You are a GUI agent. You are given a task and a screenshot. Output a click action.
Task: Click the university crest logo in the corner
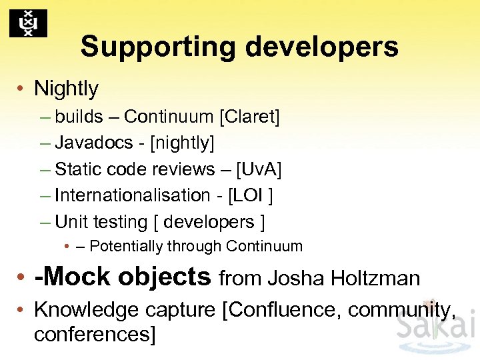click(28, 23)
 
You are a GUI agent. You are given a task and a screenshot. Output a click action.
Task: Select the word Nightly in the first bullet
click(66, 88)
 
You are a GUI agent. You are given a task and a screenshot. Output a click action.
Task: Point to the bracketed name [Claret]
click(249, 117)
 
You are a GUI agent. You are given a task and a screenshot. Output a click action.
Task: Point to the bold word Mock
click(73, 276)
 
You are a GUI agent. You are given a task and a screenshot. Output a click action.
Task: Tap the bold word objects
click(165, 276)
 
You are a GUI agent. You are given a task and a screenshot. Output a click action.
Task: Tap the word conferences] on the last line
click(94, 334)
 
